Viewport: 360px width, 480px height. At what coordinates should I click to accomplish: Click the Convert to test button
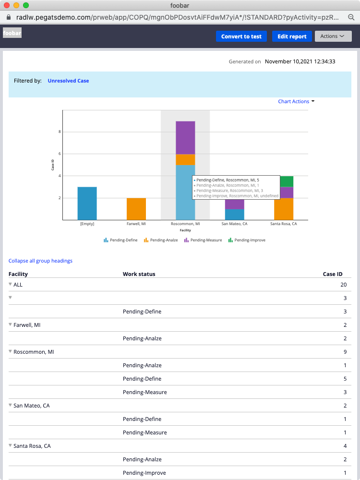241,36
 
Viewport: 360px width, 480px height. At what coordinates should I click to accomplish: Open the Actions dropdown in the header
333,36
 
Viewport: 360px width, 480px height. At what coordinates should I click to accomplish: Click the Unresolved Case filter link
68,81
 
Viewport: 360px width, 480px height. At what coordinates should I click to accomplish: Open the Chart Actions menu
296,101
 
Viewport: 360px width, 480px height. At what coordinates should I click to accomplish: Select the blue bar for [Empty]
87,203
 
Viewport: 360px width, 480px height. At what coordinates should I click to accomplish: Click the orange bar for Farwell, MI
136,209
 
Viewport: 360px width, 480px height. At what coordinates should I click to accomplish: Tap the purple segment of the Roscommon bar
185,137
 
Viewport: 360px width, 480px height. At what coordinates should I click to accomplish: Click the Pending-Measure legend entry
203,240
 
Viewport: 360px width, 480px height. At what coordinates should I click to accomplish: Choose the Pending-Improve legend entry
247,240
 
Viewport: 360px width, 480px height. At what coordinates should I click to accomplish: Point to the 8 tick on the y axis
59,132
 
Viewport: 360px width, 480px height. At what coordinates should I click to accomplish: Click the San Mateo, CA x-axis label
234,224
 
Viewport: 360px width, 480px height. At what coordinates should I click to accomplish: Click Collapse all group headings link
40,261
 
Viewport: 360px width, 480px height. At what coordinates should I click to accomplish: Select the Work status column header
139,274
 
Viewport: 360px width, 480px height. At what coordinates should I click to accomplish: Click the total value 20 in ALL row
343,285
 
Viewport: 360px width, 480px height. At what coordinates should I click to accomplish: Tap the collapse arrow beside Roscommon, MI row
11,352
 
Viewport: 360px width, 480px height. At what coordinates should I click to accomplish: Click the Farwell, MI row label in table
27,325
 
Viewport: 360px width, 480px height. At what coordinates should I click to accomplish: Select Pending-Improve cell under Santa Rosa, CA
144,473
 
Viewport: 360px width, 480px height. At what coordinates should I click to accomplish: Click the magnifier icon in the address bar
351,17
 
